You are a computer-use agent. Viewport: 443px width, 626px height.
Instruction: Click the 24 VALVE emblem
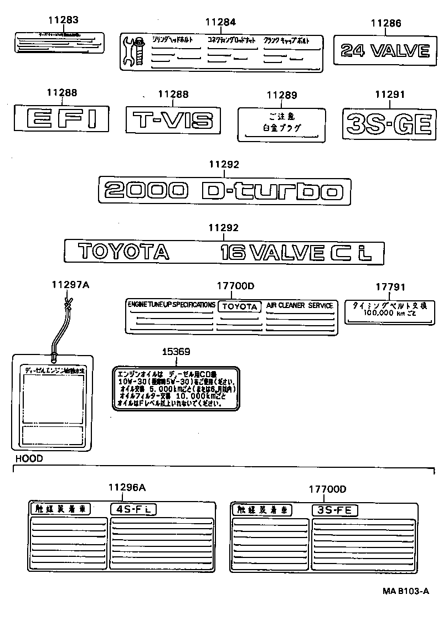(x=385, y=51)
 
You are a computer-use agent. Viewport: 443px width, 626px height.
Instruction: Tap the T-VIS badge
(x=173, y=119)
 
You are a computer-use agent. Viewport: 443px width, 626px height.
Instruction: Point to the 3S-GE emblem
(x=387, y=123)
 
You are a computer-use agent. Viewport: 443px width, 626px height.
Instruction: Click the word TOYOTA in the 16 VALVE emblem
(x=123, y=252)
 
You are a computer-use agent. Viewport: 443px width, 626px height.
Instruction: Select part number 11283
(x=62, y=20)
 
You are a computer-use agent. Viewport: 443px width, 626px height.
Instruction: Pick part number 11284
(x=220, y=22)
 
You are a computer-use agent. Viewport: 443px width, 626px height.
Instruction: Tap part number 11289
(x=282, y=95)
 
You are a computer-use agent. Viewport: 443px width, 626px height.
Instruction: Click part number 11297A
(x=70, y=285)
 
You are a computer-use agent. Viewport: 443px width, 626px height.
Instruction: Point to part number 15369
(x=176, y=352)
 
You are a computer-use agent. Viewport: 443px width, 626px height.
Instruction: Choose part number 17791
(x=390, y=287)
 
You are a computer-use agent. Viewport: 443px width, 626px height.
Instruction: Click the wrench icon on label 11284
(x=135, y=51)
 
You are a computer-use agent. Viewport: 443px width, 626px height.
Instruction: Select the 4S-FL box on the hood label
(x=133, y=509)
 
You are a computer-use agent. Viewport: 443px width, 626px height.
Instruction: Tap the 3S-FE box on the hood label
(x=334, y=510)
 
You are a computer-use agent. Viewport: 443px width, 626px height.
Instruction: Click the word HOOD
(x=29, y=458)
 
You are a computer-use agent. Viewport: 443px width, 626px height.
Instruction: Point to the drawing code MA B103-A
(x=405, y=591)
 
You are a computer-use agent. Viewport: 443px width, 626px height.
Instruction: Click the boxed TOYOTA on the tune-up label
(x=240, y=306)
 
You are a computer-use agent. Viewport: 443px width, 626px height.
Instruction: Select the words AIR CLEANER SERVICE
(x=300, y=305)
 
